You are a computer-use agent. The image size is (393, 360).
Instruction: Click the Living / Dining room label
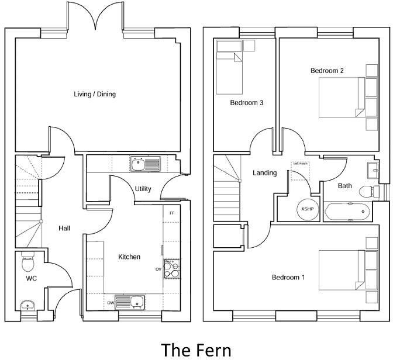pyautogui.click(x=94, y=94)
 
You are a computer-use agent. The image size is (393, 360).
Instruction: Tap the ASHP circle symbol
pyautogui.click(x=307, y=209)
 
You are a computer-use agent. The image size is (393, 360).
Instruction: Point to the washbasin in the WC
pyautogui.click(x=27, y=306)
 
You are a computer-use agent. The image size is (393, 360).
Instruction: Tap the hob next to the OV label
pyautogui.click(x=172, y=268)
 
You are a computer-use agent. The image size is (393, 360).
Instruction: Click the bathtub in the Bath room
pyautogui.click(x=347, y=211)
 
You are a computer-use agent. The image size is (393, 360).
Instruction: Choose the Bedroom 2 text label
pyautogui.click(x=327, y=71)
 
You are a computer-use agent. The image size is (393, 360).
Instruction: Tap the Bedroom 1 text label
pyautogui.click(x=288, y=277)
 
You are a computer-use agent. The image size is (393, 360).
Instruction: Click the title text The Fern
pyautogui.click(x=196, y=349)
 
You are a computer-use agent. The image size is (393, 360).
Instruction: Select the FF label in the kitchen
pyautogui.click(x=171, y=213)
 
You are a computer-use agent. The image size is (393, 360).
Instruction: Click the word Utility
pyautogui.click(x=143, y=189)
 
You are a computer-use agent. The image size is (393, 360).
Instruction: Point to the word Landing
pyautogui.click(x=264, y=173)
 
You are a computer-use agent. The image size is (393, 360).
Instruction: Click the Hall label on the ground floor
pyautogui.click(x=64, y=228)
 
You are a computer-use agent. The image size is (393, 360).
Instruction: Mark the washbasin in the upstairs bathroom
pyautogui.click(x=373, y=170)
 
